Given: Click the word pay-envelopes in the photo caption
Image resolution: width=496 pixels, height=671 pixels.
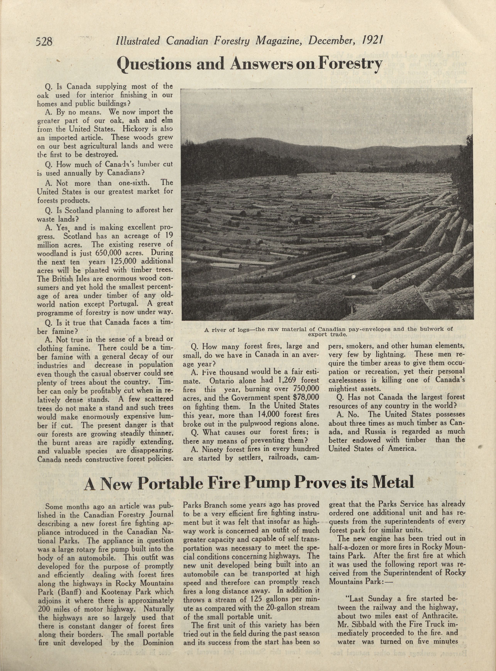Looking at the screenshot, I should [x=367, y=329].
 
